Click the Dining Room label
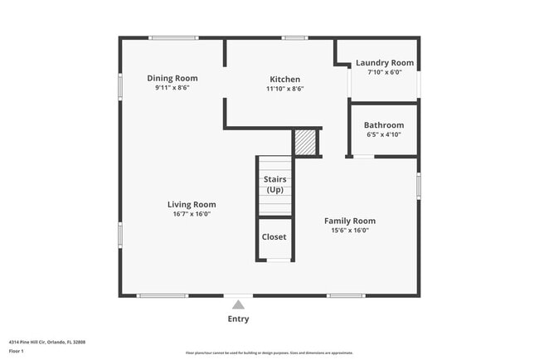click(x=172, y=78)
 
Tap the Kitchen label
click(x=284, y=80)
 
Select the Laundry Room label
click(x=384, y=62)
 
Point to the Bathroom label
click(x=383, y=125)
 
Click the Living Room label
click(x=192, y=204)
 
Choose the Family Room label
click(x=349, y=221)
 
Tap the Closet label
click(x=274, y=236)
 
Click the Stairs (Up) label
click(x=274, y=184)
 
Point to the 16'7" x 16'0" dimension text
click(x=192, y=214)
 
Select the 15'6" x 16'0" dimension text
click(x=349, y=231)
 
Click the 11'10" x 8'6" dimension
click(x=284, y=89)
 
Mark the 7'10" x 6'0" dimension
click(x=384, y=72)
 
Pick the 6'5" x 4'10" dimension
click(x=383, y=134)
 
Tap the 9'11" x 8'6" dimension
click(x=172, y=87)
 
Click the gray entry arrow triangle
click(x=238, y=304)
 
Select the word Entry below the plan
click(x=238, y=319)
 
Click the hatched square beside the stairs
click(x=306, y=142)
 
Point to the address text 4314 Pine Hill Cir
click(x=46, y=341)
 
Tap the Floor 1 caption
click(x=17, y=351)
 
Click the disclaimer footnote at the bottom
click(x=269, y=352)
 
